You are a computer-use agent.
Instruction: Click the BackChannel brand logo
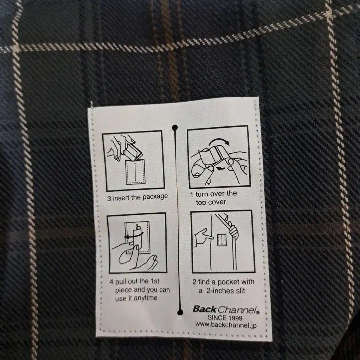tap(226, 310)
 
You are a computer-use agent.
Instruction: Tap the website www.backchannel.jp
tap(226, 325)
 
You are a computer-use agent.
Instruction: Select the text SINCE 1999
tap(225, 318)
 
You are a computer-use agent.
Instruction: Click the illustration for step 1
tap(219, 157)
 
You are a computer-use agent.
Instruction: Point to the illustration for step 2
tap(223, 242)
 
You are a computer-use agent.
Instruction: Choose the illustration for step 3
tap(133, 161)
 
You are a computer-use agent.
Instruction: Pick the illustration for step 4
tap(137, 243)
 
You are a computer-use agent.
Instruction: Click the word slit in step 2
tap(240, 291)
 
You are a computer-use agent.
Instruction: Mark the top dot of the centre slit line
tap(175, 128)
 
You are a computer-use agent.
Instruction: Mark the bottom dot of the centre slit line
tap(180, 312)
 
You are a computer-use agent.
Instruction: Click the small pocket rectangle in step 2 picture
tap(222, 240)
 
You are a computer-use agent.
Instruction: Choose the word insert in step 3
tap(121, 198)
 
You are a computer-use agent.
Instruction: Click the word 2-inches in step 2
tap(220, 291)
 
